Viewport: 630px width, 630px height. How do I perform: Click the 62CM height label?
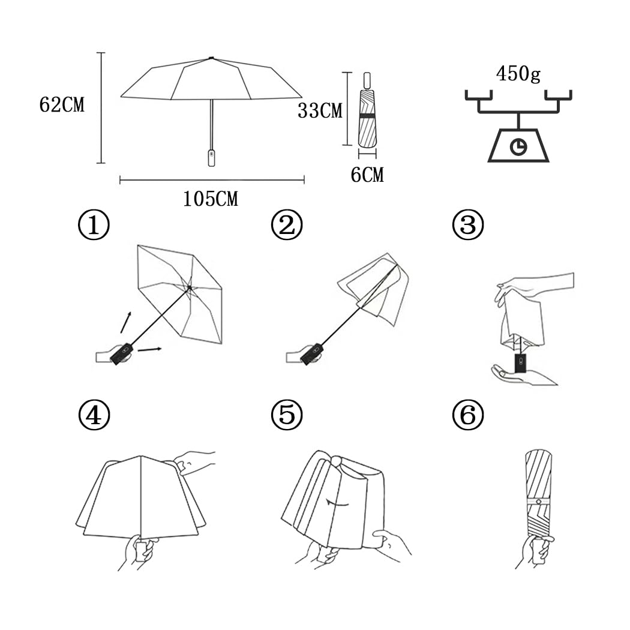[x=62, y=105]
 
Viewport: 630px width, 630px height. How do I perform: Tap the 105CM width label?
[x=211, y=199]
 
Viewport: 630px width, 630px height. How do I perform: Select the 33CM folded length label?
[x=320, y=110]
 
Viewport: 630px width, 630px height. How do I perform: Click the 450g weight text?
[x=518, y=74]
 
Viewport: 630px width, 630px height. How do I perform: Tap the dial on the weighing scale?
[x=518, y=146]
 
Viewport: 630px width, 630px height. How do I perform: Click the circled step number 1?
[x=94, y=225]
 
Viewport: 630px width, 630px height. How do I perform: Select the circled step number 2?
[x=287, y=225]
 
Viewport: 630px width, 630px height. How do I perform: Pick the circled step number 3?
[x=468, y=225]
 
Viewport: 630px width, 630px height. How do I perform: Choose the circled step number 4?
[x=94, y=415]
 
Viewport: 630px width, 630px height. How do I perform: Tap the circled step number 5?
[x=287, y=415]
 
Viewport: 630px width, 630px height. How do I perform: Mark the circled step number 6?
[x=468, y=415]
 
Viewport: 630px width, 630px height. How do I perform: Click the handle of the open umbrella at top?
[x=211, y=157]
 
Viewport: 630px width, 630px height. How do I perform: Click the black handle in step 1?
[x=122, y=353]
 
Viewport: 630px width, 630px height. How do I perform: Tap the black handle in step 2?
[x=311, y=353]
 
